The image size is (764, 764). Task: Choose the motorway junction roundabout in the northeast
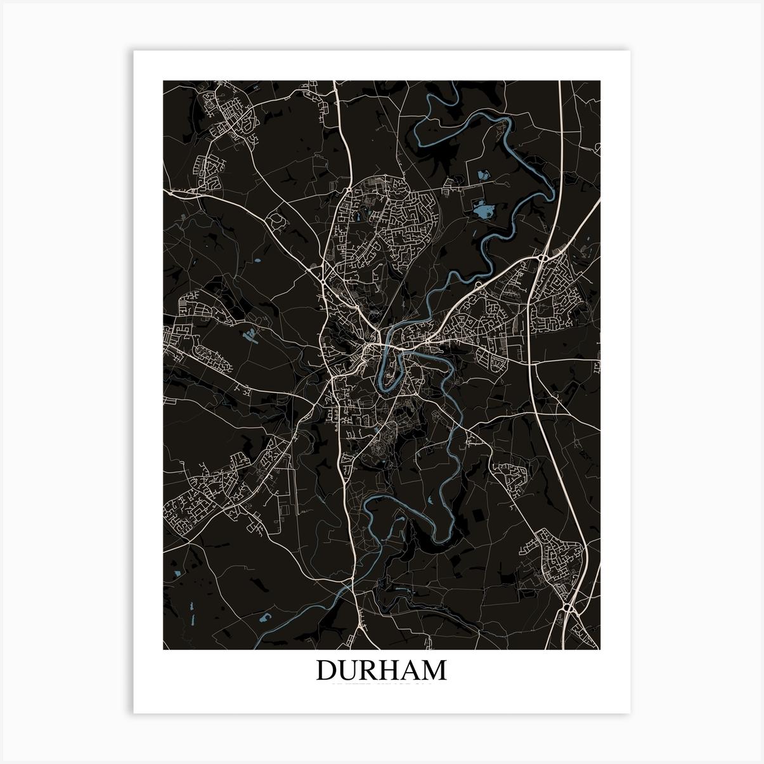pos(543,259)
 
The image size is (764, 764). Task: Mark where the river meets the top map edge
pos(443,82)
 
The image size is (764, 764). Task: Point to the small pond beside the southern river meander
pos(431,500)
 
